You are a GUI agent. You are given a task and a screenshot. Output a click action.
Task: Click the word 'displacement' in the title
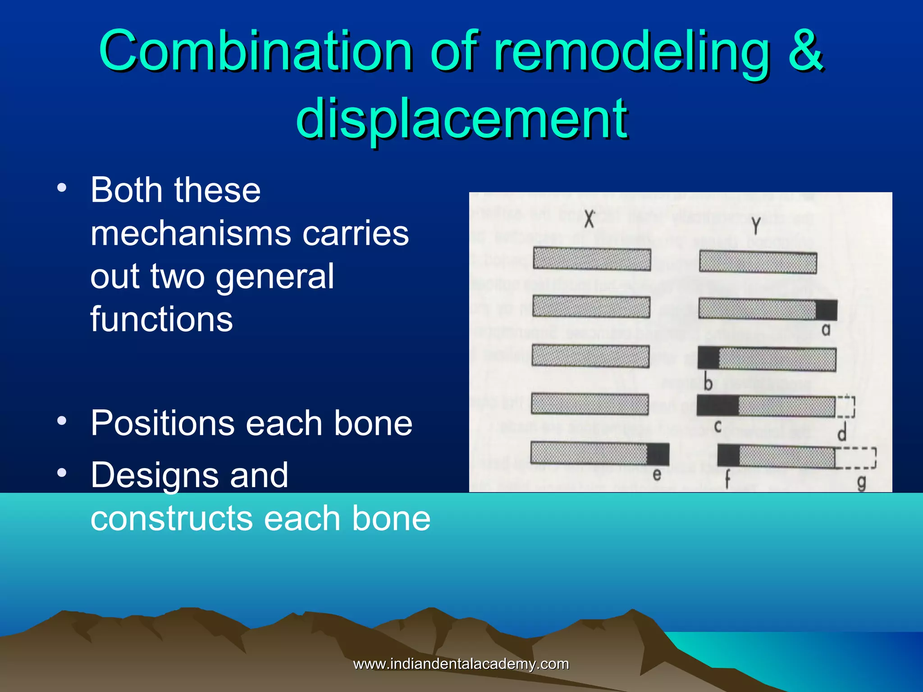461,118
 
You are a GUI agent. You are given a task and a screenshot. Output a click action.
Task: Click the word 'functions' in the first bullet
161,319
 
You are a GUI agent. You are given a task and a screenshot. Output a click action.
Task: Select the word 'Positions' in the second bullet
163,423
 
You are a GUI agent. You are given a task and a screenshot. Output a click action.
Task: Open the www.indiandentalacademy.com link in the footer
461,664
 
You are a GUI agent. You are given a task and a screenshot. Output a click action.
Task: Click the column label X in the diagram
589,219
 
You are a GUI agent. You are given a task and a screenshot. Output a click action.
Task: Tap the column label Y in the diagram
756,226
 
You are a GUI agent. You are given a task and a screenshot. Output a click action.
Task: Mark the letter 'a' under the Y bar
826,330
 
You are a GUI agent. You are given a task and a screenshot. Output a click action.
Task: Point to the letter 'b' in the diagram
708,383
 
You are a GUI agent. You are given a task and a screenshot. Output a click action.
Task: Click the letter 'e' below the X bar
657,474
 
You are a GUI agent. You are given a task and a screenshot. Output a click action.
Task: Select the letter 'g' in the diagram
861,483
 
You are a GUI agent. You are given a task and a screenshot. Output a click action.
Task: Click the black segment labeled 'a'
826,310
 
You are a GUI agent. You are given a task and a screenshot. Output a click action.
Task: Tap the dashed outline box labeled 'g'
855,458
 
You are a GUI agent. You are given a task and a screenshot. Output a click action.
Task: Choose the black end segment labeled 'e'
658,454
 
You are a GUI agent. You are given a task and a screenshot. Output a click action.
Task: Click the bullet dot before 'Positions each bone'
62,421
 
